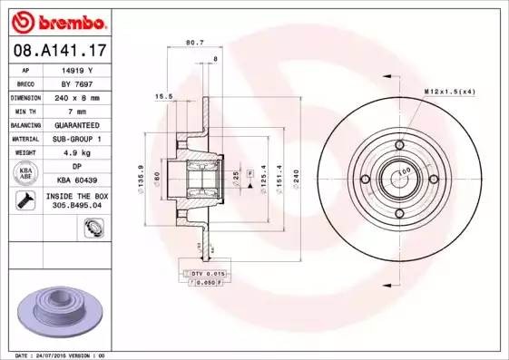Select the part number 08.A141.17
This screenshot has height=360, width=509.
[57, 53]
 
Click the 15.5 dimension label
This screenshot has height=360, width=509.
[164, 95]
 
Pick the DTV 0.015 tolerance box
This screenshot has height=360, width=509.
[208, 272]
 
